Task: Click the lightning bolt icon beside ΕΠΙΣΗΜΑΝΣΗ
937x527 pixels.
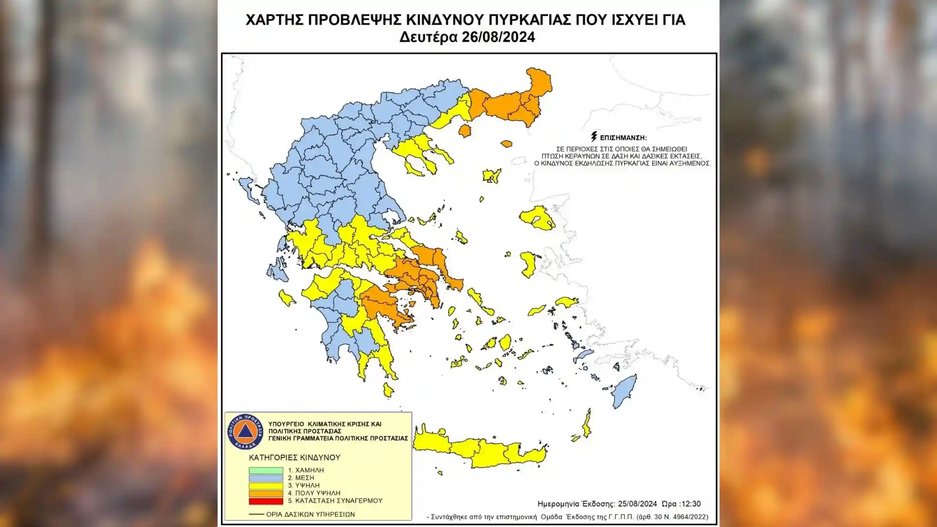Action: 594,137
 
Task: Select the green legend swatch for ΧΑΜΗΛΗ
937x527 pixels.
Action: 265,470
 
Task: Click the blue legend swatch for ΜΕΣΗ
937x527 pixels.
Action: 265,478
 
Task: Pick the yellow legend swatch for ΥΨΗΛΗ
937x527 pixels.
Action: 265,486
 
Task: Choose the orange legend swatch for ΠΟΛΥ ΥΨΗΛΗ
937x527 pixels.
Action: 265,493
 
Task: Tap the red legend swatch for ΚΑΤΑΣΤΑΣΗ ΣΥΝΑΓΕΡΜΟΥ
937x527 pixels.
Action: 265,501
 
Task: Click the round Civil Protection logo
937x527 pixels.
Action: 245,432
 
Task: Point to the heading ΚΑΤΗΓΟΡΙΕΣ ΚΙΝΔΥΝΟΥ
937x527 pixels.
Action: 294,458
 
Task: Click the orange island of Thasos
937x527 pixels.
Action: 465,131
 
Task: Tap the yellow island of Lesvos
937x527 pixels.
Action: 537,218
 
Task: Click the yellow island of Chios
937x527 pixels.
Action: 528,264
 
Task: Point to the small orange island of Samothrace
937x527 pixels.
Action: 507,144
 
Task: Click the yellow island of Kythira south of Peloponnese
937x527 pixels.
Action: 388,390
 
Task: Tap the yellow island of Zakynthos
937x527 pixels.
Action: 286,298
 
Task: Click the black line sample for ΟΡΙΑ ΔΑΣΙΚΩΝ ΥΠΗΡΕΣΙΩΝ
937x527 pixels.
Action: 256,514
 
